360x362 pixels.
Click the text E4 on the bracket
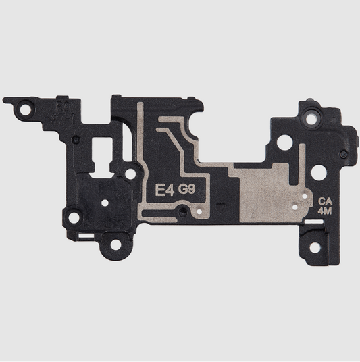(x=165, y=191)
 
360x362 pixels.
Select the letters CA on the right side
(x=326, y=201)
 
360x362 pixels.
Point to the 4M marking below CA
(x=326, y=211)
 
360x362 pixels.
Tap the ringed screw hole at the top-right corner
(x=311, y=118)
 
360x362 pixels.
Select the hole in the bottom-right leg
(x=315, y=247)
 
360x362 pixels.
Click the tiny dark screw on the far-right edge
(x=344, y=155)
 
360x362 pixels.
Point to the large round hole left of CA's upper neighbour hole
(x=285, y=143)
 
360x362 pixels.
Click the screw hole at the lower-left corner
(x=74, y=217)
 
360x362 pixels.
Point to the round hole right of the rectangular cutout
(x=130, y=173)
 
